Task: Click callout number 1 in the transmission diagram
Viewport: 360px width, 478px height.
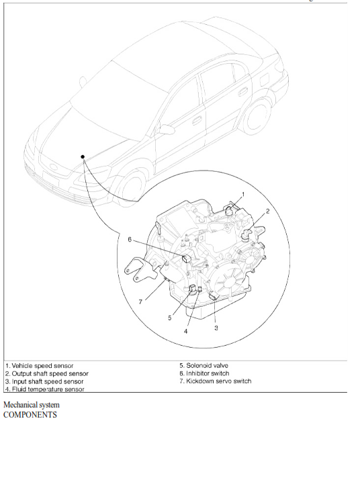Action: pyautogui.click(x=243, y=194)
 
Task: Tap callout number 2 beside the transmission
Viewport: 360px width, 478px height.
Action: pyautogui.click(x=267, y=211)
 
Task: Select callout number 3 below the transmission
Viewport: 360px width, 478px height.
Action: pyautogui.click(x=216, y=328)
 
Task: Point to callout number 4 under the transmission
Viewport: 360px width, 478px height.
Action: pyautogui.click(x=185, y=332)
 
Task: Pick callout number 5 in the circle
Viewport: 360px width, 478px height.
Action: pyautogui.click(x=170, y=318)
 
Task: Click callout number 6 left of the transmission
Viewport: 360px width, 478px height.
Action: pyautogui.click(x=130, y=240)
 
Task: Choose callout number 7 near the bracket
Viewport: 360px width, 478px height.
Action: pyautogui.click(x=140, y=302)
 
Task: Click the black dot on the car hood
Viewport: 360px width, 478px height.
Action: pyautogui.click(x=83, y=156)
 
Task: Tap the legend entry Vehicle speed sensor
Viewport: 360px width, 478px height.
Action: pyautogui.click(x=40, y=365)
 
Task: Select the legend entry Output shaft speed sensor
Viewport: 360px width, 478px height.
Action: pyautogui.click(x=46, y=373)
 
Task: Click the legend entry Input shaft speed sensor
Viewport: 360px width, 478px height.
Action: pyautogui.click(x=44, y=381)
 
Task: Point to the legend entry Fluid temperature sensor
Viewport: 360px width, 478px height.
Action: pyautogui.click(x=44, y=389)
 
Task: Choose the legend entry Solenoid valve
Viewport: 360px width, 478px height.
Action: pyautogui.click(x=204, y=365)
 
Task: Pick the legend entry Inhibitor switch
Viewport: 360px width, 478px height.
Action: pyautogui.click(x=204, y=373)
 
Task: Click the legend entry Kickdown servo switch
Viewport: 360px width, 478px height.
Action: pyautogui.click(x=215, y=381)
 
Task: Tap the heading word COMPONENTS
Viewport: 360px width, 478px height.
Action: pyautogui.click(x=30, y=415)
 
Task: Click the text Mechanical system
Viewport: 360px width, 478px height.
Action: pyautogui.click(x=32, y=405)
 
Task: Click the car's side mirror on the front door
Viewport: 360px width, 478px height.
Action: pyautogui.click(x=167, y=130)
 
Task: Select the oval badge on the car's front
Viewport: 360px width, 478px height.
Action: pyautogui.click(x=53, y=166)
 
